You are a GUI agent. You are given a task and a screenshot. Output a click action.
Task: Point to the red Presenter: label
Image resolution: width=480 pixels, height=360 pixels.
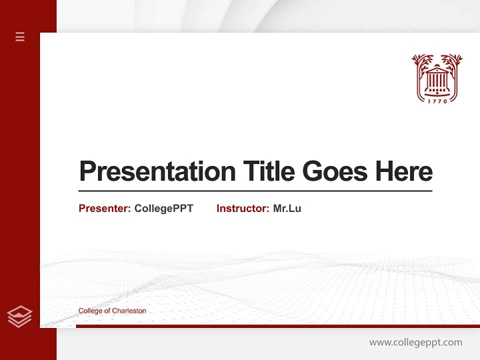click(x=104, y=208)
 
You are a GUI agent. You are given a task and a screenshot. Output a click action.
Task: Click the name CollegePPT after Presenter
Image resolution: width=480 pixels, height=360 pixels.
click(x=163, y=208)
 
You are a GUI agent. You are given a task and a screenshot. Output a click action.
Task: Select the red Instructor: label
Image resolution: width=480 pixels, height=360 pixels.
click(x=242, y=208)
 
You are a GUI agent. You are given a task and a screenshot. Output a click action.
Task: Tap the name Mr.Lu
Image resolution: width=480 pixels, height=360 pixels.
click(x=287, y=208)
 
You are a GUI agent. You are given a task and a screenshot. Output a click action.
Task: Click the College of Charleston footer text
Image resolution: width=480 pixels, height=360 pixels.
click(x=112, y=310)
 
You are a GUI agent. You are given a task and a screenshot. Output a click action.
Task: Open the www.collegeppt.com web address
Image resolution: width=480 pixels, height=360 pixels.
click(x=415, y=342)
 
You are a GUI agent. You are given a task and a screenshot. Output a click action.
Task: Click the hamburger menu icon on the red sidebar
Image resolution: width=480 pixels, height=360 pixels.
click(x=20, y=36)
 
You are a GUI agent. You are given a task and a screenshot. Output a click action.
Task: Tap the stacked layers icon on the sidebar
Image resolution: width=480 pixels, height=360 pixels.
click(x=19, y=316)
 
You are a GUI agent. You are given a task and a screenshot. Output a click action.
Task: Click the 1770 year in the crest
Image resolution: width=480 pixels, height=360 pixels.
click(x=437, y=100)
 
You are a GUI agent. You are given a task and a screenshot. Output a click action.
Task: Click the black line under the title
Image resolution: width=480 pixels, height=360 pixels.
click(x=255, y=190)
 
